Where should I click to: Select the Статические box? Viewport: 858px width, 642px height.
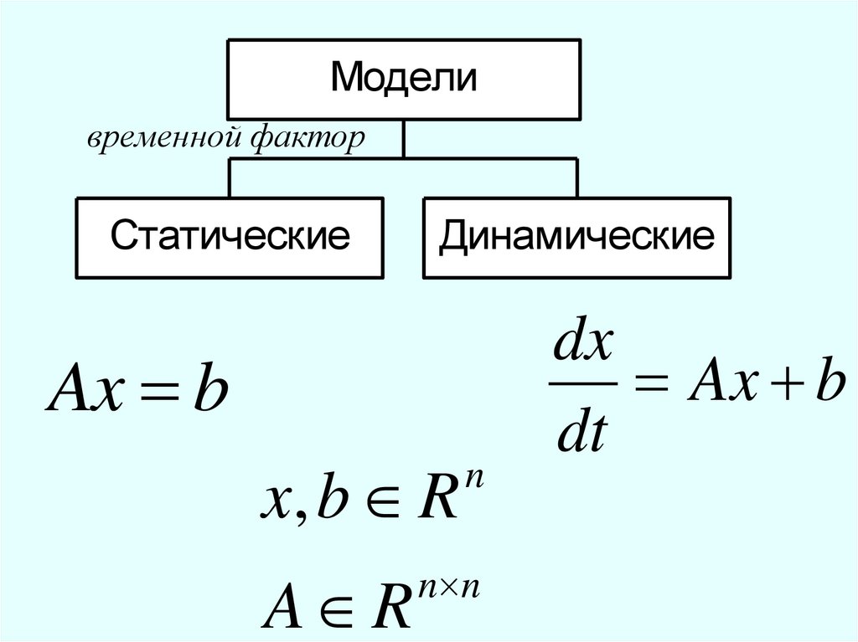click(x=230, y=237)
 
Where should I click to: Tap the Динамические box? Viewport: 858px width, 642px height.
click(x=577, y=237)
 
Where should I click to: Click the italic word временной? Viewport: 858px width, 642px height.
click(x=162, y=140)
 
